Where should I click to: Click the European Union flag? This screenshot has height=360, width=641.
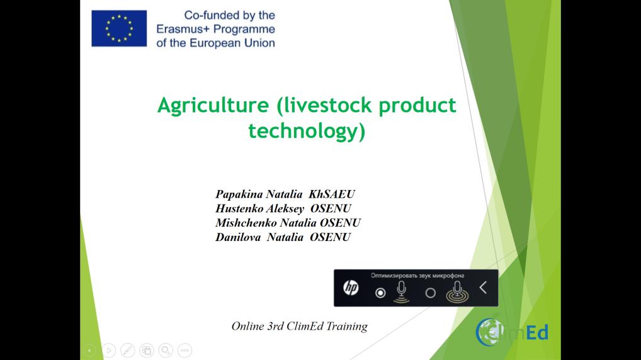point(119,28)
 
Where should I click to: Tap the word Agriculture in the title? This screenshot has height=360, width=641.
point(213,106)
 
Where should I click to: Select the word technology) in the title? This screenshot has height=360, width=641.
point(307,131)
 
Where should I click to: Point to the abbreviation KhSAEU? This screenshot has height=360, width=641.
point(332,194)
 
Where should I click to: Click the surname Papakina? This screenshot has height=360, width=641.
point(239,194)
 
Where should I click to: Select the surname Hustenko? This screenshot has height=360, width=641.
point(239,208)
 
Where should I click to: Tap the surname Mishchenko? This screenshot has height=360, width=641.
point(246,223)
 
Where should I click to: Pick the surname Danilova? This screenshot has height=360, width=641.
point(238,237)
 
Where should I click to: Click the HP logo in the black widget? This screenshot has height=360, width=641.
point(351,288)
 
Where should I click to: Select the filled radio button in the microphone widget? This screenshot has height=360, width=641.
point(380,293)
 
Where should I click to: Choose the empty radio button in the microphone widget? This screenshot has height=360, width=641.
point(431,293)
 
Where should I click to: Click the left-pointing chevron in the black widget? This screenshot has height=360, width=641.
point(483,288)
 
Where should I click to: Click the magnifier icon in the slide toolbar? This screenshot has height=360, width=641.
point(166,350)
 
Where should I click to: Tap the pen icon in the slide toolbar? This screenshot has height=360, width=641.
point(128,350)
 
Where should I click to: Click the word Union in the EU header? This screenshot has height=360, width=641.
point(259,43)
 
